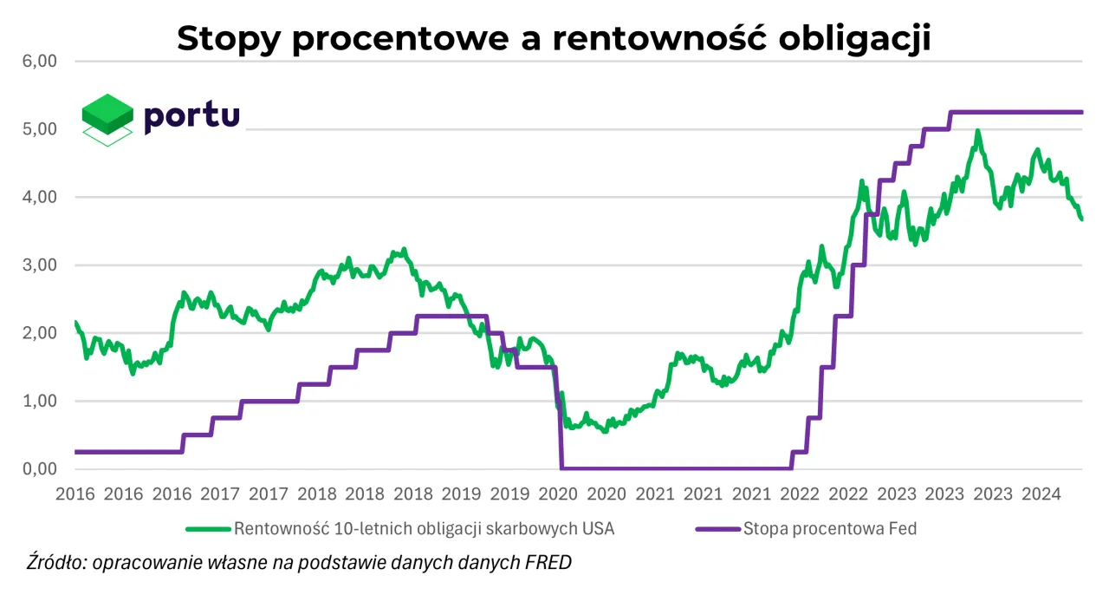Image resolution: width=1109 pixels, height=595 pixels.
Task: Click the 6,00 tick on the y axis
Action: pos(40,62)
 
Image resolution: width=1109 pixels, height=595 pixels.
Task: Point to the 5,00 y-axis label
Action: pos(40,129)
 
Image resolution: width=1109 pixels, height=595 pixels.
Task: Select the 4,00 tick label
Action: pos(40,197)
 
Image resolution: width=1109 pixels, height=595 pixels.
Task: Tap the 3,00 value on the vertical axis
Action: pos(40,265)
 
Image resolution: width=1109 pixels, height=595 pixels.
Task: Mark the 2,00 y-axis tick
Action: pos(40,333)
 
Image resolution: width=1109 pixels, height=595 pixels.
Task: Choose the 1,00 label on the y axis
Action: pos(40,401)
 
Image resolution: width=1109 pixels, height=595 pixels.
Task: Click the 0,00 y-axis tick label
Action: pos(40,469)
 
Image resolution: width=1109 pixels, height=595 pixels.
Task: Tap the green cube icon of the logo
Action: pos(107,113)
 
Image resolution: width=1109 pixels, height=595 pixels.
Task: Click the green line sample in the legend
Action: pos(208,528)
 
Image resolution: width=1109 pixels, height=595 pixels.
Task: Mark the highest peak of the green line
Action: pos(977,132)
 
